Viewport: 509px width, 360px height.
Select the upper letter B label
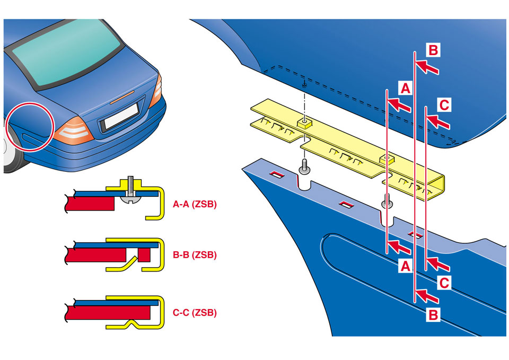coord(433,50)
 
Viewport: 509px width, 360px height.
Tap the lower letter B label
coord(433,315)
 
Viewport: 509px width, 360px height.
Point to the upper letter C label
coord(444,105)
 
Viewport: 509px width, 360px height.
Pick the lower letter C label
coord(444,283)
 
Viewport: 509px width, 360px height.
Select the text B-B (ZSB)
coord(195,254)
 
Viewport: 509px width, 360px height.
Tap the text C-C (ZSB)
coord(195,313)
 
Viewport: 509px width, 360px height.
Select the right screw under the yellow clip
coord(387,202)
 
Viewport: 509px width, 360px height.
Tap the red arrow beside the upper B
coord(428,67)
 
